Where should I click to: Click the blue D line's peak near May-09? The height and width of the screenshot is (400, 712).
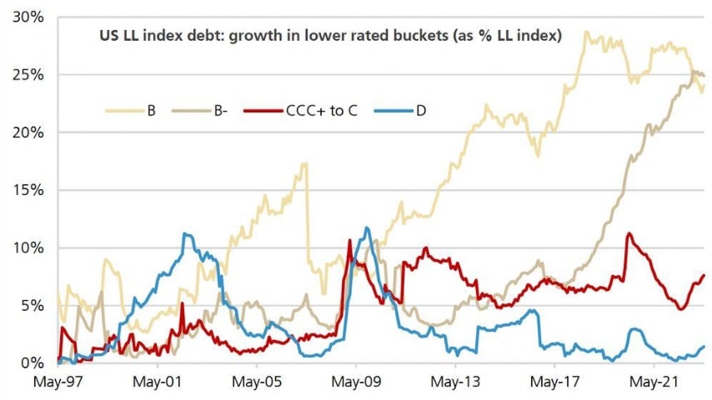367,227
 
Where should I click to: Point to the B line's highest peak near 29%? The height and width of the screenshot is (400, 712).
587,32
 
